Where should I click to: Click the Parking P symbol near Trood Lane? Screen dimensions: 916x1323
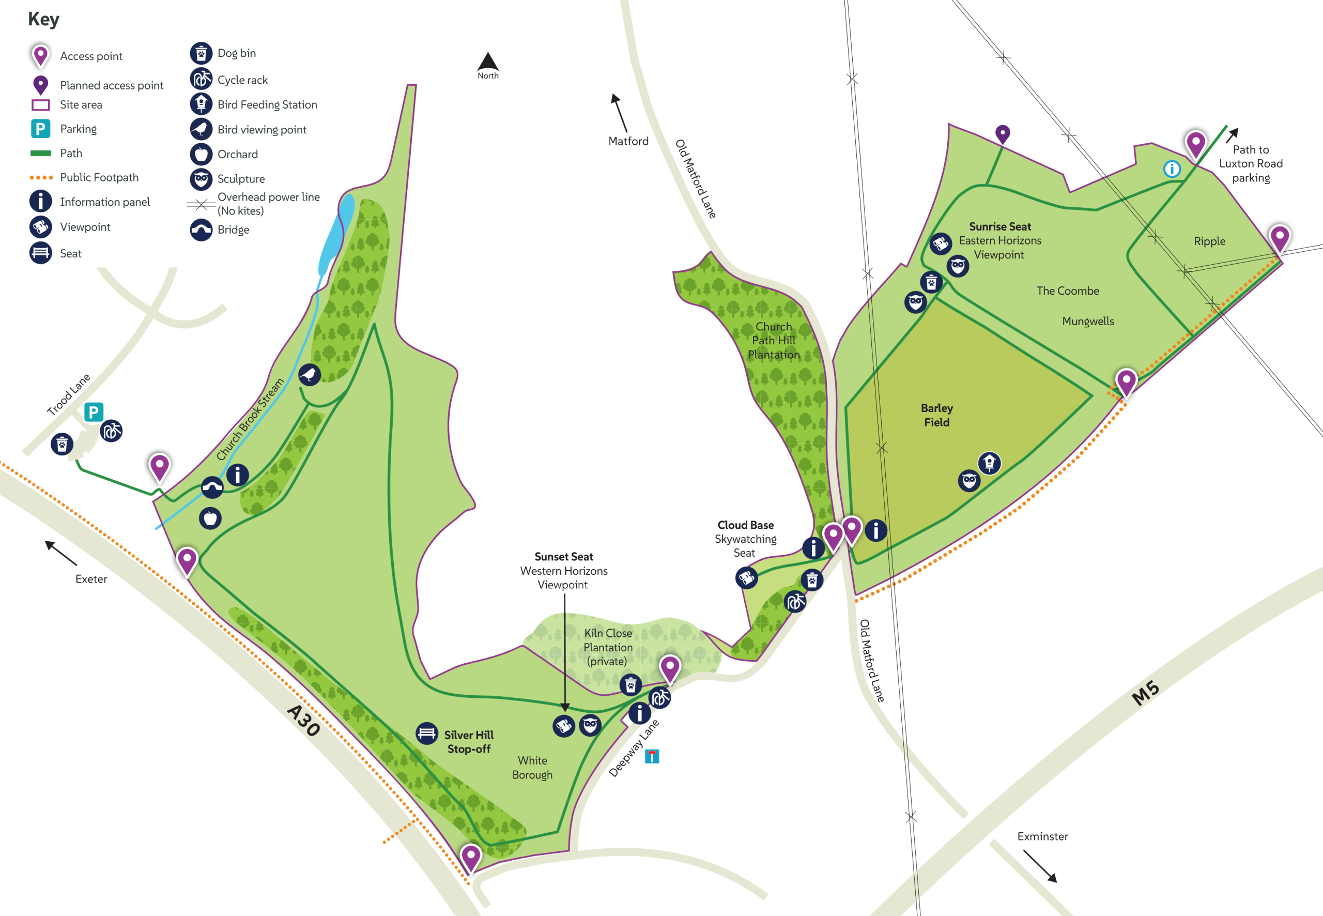point(94,412)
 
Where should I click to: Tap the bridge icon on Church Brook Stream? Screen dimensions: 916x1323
point(212,488)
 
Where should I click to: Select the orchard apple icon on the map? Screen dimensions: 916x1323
point(210,518)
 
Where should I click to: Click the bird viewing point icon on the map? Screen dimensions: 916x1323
point(310,375)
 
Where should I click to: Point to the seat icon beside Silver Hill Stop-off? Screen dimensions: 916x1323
point(427,734)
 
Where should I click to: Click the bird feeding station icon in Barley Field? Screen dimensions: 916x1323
point(989,463)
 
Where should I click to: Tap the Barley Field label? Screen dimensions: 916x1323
point(936,415)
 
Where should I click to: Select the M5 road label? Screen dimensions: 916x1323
point(1145,693)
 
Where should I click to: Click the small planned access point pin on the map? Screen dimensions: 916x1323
point(1002,134)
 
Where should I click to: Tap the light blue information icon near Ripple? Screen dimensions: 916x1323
point(1172,169)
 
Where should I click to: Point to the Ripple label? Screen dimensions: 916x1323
point(1209,241)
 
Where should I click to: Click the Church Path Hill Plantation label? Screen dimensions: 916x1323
point(773,340)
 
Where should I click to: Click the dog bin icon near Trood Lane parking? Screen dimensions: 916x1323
point(62,444)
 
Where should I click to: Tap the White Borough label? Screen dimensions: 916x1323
point(532,767)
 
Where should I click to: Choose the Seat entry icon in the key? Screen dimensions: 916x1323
point(41,253)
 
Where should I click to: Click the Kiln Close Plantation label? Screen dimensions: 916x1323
point(608,647)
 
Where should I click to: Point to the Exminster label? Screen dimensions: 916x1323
point(1042,836)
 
